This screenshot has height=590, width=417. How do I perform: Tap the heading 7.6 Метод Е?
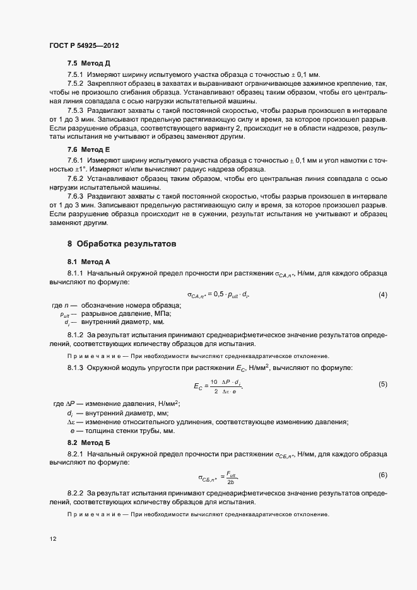[x=88, y=149]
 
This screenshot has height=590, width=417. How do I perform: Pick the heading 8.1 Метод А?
[x=88, y=261]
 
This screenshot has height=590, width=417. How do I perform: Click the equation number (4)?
[x=382, y=294]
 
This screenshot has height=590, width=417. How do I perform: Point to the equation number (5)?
[x=382, y=384]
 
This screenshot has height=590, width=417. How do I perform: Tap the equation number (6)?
[x=382, y=474]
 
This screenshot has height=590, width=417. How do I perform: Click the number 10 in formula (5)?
[x=214, y=381]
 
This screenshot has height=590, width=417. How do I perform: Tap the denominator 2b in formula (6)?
[x=231, y=482]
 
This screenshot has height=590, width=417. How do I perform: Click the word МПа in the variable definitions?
[x=162, y=313]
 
